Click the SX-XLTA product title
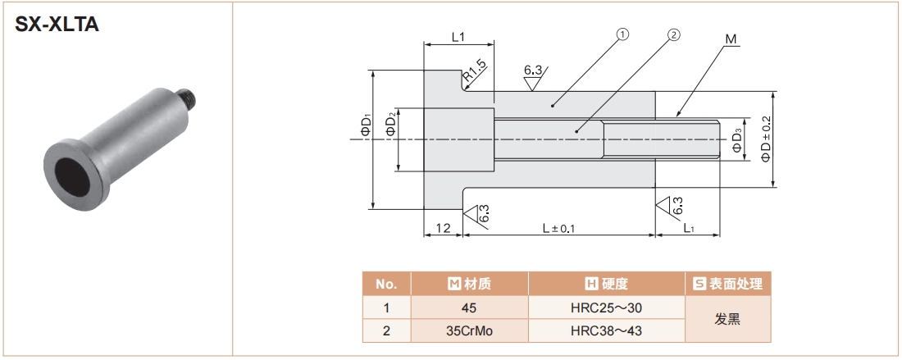(x=57, y=25)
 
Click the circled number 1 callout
(x=622, y=35)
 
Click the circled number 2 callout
(x=673, y=35)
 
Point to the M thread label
(x=731, y=39)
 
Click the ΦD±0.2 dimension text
(x=766, y=139)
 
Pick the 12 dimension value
(x=444, y=229)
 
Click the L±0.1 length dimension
(x=558, y=229)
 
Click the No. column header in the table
(x=386, y=285)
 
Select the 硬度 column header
(x=606, y=285)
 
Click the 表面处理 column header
(x=727, y=285)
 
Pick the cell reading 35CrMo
(x=469, y=332)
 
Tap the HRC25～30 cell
(x=606, y=308)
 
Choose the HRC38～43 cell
(x=606, y=332)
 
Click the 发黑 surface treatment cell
(x=727, y=320)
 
